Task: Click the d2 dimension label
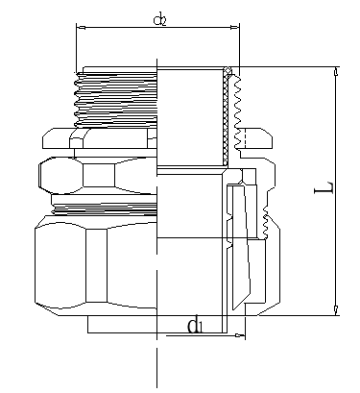click(160, 20)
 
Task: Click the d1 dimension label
click(195, 326)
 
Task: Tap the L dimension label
click(324, 187)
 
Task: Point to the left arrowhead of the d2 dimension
click(81, 28)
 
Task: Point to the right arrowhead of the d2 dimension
click(235, 28)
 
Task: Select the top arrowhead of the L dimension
click(336, 71)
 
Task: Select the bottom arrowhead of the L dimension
click(336, 310)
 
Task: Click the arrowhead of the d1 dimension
click(240, 335)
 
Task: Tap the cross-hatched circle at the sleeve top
click(228, 70)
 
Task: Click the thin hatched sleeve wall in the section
click(226, 118)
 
